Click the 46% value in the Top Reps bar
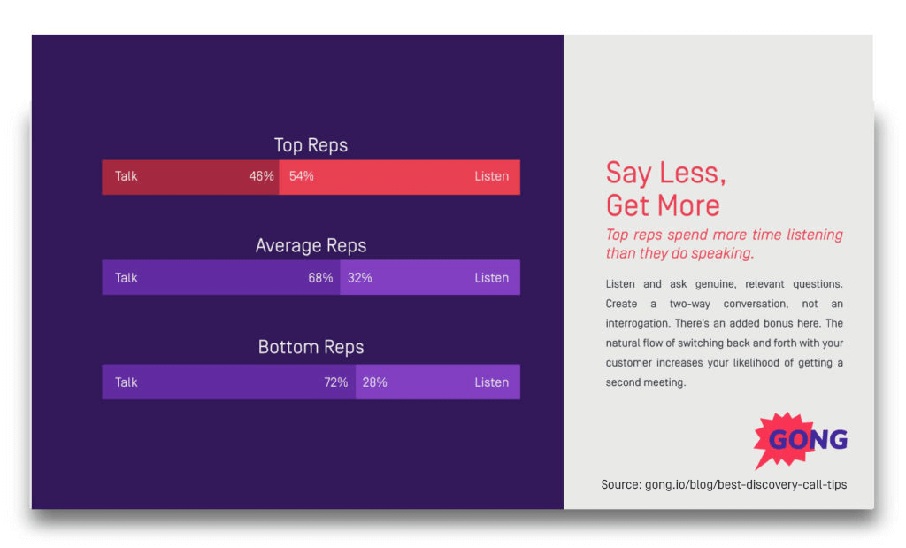click(261, 176)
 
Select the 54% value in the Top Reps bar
click(302, 176)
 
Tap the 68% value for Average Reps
click(320, 278)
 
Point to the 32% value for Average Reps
click(360, 278)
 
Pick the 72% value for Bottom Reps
click(335, 382)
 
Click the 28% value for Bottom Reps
click(375, 382)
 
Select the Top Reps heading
click(311, 145)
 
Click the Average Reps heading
click(311, 246)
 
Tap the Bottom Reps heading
click(311, 347)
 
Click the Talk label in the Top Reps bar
click(127, 176)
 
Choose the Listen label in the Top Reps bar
click(491, 176)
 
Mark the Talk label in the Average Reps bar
click(127, 278)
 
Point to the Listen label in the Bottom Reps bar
click(491, 382)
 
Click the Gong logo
click(801, 439)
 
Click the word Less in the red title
click(695, 173)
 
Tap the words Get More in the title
click(663, 205)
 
